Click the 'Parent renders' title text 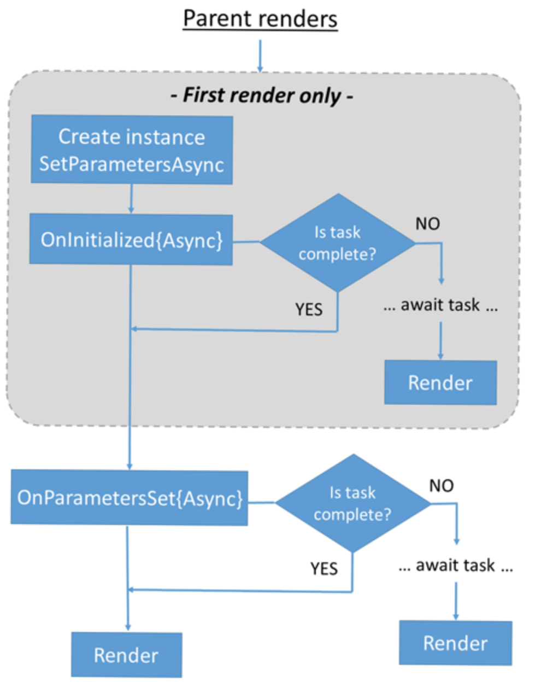260,19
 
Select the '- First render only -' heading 262,95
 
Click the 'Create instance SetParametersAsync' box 132,150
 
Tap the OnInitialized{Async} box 131,240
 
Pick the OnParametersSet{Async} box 130,498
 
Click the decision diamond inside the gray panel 338,243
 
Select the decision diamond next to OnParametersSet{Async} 353,503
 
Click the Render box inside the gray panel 441,382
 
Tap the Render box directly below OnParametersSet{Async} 126,654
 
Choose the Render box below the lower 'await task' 455,643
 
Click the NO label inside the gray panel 427,223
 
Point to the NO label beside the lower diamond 441,485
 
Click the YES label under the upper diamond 309,309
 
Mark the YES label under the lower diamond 324,569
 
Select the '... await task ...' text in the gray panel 441,305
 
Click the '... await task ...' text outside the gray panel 455,565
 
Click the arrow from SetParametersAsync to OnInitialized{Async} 131,199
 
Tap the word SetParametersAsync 132,164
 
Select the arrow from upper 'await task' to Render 441,340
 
